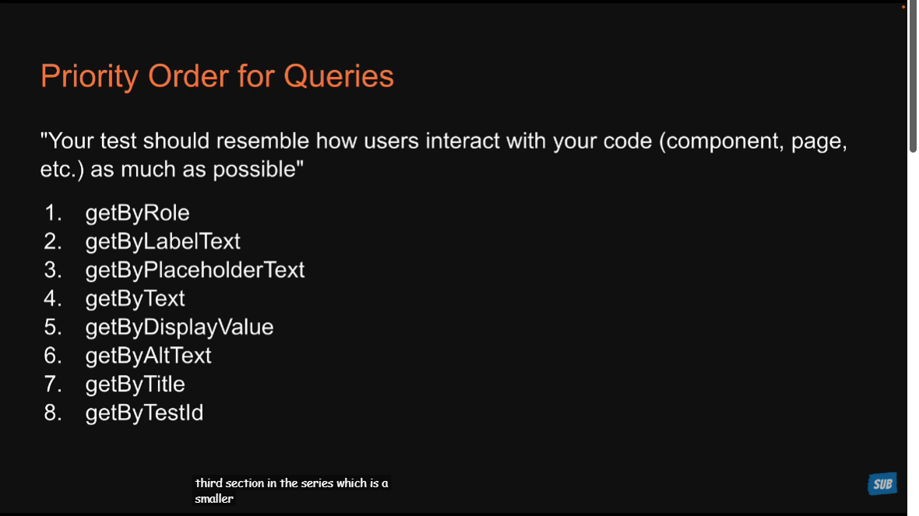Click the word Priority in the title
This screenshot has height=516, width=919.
coord(90,77)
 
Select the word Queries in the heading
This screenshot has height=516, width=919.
coord(339,77)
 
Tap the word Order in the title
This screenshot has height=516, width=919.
coord(188,76)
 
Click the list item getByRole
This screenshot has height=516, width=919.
coord(137,213)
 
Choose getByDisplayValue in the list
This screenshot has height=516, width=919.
coord(179,328)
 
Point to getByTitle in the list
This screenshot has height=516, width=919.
coord(135,384)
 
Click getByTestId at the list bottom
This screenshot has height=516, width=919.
coord(144,413)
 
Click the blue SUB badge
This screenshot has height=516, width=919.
coord(882,484)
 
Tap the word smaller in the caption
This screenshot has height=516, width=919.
coord(214,499)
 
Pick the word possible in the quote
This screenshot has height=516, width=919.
coord(259,170)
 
